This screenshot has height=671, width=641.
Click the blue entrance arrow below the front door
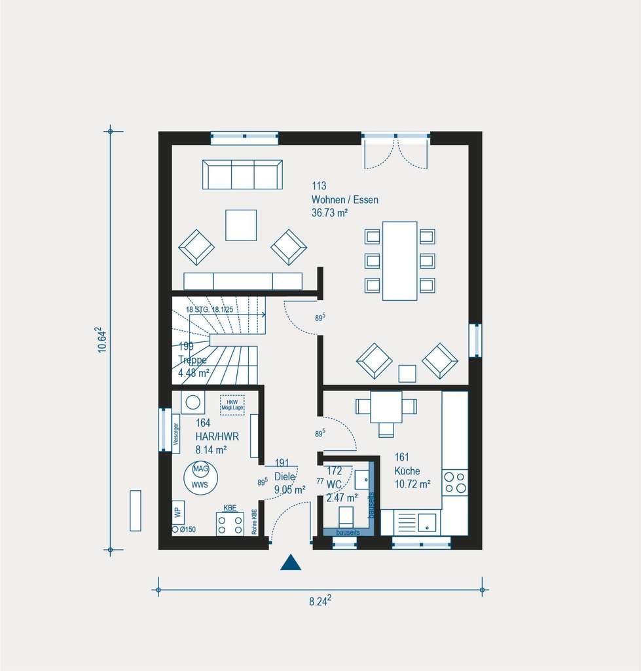click(291, 562)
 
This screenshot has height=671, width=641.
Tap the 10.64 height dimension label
click(102, 340)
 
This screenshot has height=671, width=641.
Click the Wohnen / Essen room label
click(344, 200)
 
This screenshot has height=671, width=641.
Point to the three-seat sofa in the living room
click(242, 174)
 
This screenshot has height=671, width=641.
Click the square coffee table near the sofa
click(241, 225)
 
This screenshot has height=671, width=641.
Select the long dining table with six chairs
click(399, 261)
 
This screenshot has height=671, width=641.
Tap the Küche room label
click(407, 471)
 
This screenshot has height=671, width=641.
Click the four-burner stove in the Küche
click(455, 482)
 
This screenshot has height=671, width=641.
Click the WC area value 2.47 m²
click(342, 497)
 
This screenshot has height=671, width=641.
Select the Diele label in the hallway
click(285, 477)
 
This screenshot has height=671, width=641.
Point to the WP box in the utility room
click(177, 512)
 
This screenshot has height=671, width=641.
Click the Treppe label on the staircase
click(192, 360)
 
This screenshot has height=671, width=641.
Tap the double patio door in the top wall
click(395, 151)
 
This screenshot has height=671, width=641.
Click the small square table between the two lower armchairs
click(407, 374)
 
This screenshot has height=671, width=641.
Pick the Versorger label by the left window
click(175, 432)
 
